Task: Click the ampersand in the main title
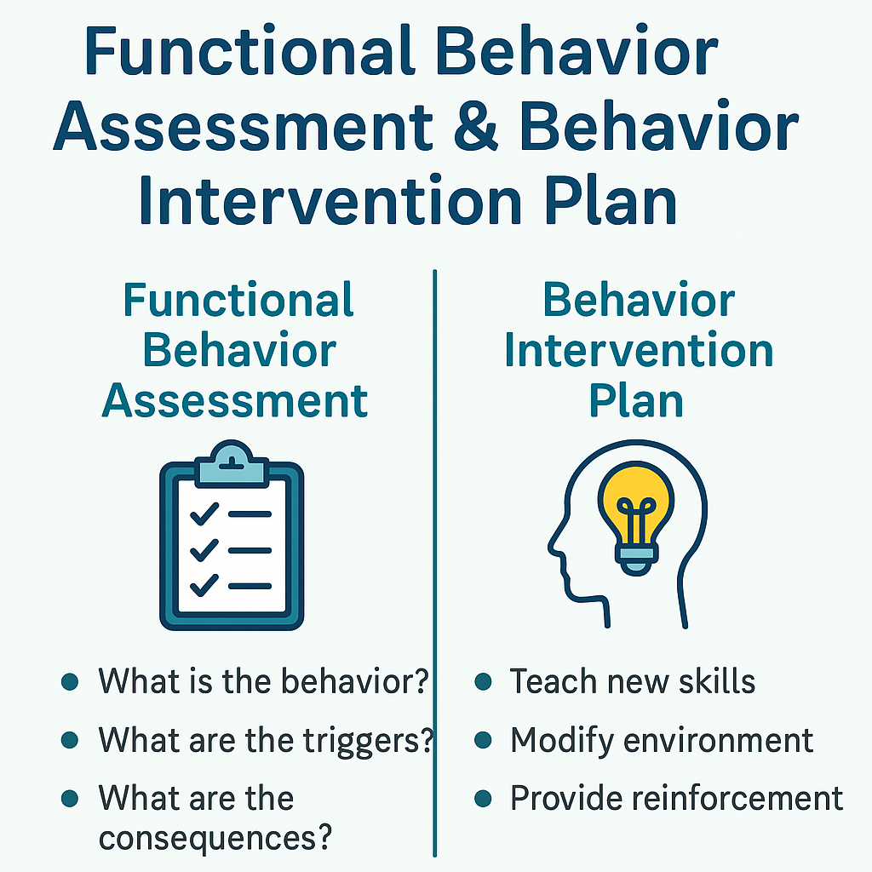tap(476, 126)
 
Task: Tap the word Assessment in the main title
tap(243, 126)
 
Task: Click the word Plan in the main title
tap(610, 200)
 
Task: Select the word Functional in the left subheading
tap(238, 300)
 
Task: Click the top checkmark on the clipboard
tap(204, 513)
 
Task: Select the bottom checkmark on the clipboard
tap(204, 586)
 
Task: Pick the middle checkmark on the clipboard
tap(204, 550)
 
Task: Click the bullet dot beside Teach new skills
tap(484, 682)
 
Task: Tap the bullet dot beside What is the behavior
tap(70, 682)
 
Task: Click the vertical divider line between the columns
tap(435, 564)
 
